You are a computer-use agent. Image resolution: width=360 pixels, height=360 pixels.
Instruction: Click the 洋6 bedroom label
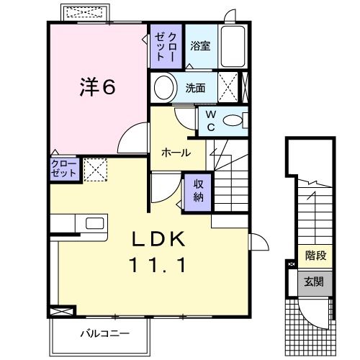click(x=96, y=88)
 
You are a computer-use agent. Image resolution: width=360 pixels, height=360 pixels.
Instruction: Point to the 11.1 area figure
click(x=160, y=265)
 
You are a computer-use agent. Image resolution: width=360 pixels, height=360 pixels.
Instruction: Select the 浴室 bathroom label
click(x=199, y=46)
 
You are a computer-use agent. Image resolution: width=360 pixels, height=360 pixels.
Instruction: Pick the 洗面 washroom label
click(x=195, y=89)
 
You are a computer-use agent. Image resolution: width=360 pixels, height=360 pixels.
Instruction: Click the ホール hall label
click(x=176, y=153)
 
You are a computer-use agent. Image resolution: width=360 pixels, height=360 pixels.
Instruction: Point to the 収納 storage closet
click(x=198, y=190)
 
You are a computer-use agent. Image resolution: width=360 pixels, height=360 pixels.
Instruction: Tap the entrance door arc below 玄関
click(x=311, y=312)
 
